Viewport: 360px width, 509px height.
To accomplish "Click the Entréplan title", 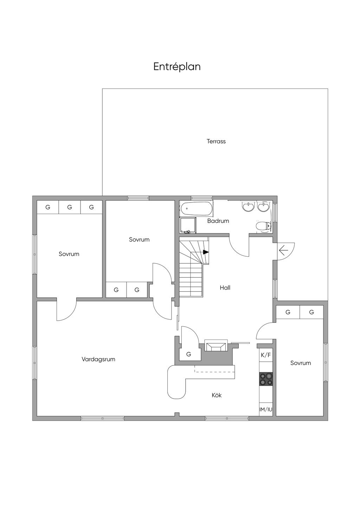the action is pos(177,67).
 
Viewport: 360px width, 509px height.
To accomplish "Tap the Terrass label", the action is pos(216,141).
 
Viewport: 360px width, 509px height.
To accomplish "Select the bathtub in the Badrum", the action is pos(196,208).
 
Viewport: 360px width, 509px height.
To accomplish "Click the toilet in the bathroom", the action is pos(263,226).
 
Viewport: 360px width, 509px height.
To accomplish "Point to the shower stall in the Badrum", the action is pos(188,225).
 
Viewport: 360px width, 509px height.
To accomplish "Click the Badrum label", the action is pos(218,221).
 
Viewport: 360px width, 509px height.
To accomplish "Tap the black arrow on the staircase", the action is pos(206,252).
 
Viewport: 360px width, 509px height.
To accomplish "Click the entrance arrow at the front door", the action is pos(283,250).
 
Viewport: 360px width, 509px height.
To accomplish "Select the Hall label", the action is pos(225,288).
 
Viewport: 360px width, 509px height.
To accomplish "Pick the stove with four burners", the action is pos(266,379).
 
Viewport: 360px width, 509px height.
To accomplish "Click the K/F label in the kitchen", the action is pos(266,355).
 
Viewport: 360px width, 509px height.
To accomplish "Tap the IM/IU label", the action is pos(266,410).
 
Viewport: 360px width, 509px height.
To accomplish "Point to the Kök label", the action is pos(217,395).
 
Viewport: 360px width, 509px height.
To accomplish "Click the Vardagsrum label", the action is pos(98,359).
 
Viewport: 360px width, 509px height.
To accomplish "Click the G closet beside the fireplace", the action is pos(189,354).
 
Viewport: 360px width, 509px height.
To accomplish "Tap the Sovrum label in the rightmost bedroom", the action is pos(301,363).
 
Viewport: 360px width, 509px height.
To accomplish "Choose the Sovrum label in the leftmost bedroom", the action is pos(69,254).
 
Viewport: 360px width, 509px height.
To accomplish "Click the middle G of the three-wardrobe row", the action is pos(70,207).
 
